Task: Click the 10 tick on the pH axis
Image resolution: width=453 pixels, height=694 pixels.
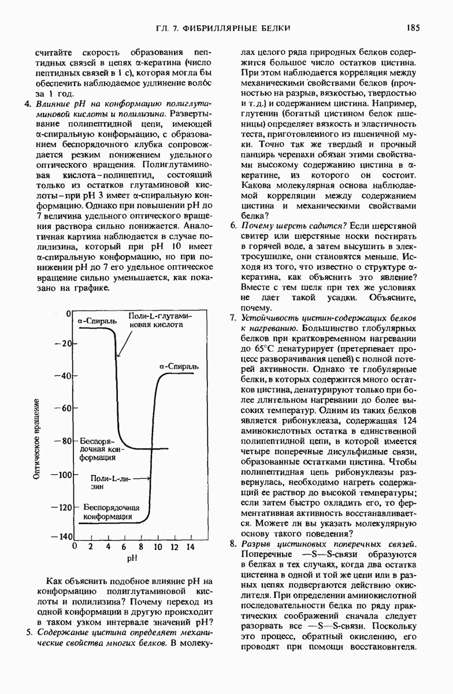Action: coord(157,547)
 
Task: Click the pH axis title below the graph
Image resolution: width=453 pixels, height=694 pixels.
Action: coord(132,559)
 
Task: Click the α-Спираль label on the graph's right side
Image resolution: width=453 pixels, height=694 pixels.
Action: coord(179,367)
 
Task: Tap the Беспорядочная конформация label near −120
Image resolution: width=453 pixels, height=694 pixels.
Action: coord(112,512)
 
